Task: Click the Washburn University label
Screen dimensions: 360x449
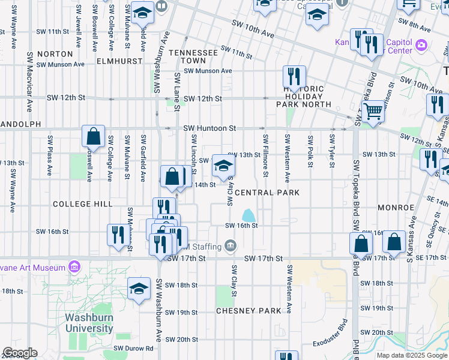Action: [x=89, y=323]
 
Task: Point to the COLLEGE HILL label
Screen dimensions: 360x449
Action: [x=83, y=204]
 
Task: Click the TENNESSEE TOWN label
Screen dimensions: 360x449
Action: [x=193, y=57]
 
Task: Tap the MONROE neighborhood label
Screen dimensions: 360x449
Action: [x=396, y=208]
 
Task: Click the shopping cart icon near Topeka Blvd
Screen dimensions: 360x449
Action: [x=373, y=111]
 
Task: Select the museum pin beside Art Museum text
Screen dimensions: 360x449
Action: [x=74, y=266]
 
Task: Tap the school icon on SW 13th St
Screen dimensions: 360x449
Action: [x=223, y=166]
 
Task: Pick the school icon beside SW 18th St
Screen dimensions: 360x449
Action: [x=139, y=289]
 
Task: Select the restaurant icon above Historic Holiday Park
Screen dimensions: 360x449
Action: [x=294, y=76]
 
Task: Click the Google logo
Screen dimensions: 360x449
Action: [x=20, y=353]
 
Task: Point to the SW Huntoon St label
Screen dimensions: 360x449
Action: [x=209, y=128]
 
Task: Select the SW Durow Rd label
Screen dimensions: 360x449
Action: [x=133, y=348]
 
